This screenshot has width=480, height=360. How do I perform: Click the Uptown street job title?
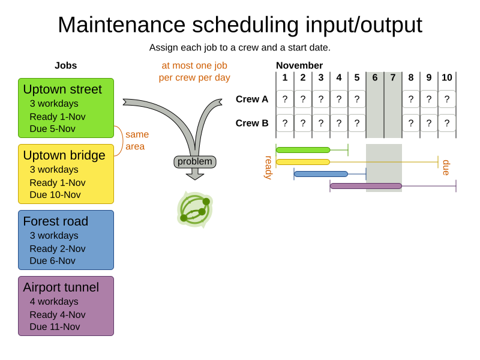62,89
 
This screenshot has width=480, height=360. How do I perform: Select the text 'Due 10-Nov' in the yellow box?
55,194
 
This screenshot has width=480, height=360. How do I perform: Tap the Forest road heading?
55,221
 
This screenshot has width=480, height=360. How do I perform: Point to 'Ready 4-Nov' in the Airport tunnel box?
58,314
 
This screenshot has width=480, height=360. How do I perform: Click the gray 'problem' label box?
195,161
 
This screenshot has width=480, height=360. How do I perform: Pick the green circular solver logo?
195,209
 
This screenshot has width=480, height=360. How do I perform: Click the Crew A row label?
252,99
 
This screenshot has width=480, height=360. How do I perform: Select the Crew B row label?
252,123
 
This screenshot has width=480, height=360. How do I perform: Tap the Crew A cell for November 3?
321,99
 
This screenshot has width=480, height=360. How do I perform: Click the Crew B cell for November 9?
429,123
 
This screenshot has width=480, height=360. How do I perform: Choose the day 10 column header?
447,77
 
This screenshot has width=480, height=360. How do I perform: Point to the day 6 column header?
375,77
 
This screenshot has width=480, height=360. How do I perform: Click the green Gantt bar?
303,150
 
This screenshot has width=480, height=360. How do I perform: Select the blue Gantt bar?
321,174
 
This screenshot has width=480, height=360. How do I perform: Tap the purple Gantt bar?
366,186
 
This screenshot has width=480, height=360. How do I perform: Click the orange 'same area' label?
137,140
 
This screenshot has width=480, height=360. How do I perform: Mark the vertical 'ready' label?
268,167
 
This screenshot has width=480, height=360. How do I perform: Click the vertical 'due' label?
446,167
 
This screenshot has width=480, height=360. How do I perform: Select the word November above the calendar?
299,65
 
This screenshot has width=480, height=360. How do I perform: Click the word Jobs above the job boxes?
66,65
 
